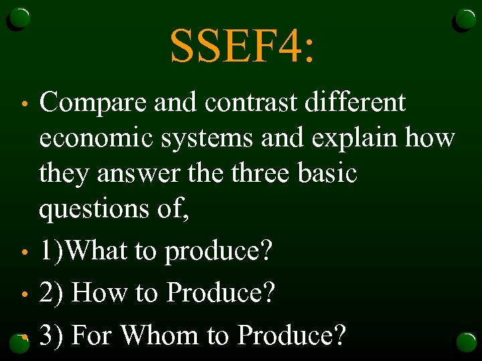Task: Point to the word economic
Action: point(98,139)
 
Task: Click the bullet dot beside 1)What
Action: point(24,253)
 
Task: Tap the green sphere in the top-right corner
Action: point(465,19)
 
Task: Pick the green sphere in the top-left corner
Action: point(19,19)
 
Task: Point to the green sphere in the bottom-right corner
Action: point(465,342)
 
